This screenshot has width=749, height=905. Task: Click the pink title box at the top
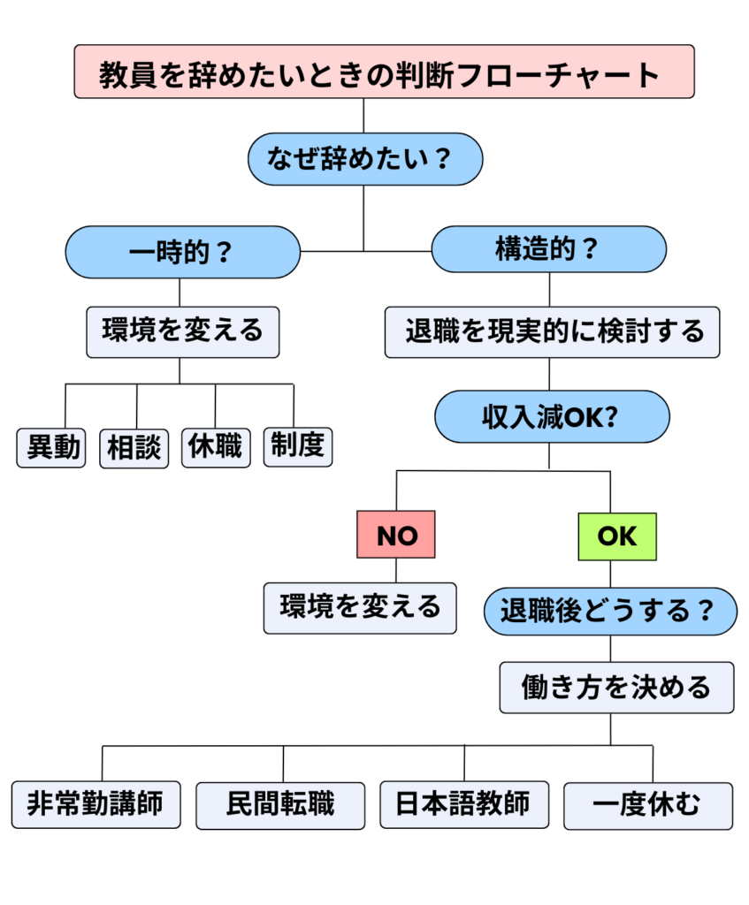384,72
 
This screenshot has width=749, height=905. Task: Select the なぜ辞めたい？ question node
363,159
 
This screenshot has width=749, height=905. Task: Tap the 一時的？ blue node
183,252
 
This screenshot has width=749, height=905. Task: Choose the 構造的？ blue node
548,249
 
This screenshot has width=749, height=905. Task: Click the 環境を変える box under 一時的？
182,331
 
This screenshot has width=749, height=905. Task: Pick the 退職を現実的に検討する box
553,332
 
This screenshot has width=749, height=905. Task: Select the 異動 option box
52,447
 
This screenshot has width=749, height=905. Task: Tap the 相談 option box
134,448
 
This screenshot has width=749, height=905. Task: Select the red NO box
396,535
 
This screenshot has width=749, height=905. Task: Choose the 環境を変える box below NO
360,607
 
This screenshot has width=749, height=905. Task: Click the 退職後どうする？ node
610,611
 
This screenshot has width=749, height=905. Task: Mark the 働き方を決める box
616,687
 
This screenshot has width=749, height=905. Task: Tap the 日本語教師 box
462,804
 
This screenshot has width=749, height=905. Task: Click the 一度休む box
647,805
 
